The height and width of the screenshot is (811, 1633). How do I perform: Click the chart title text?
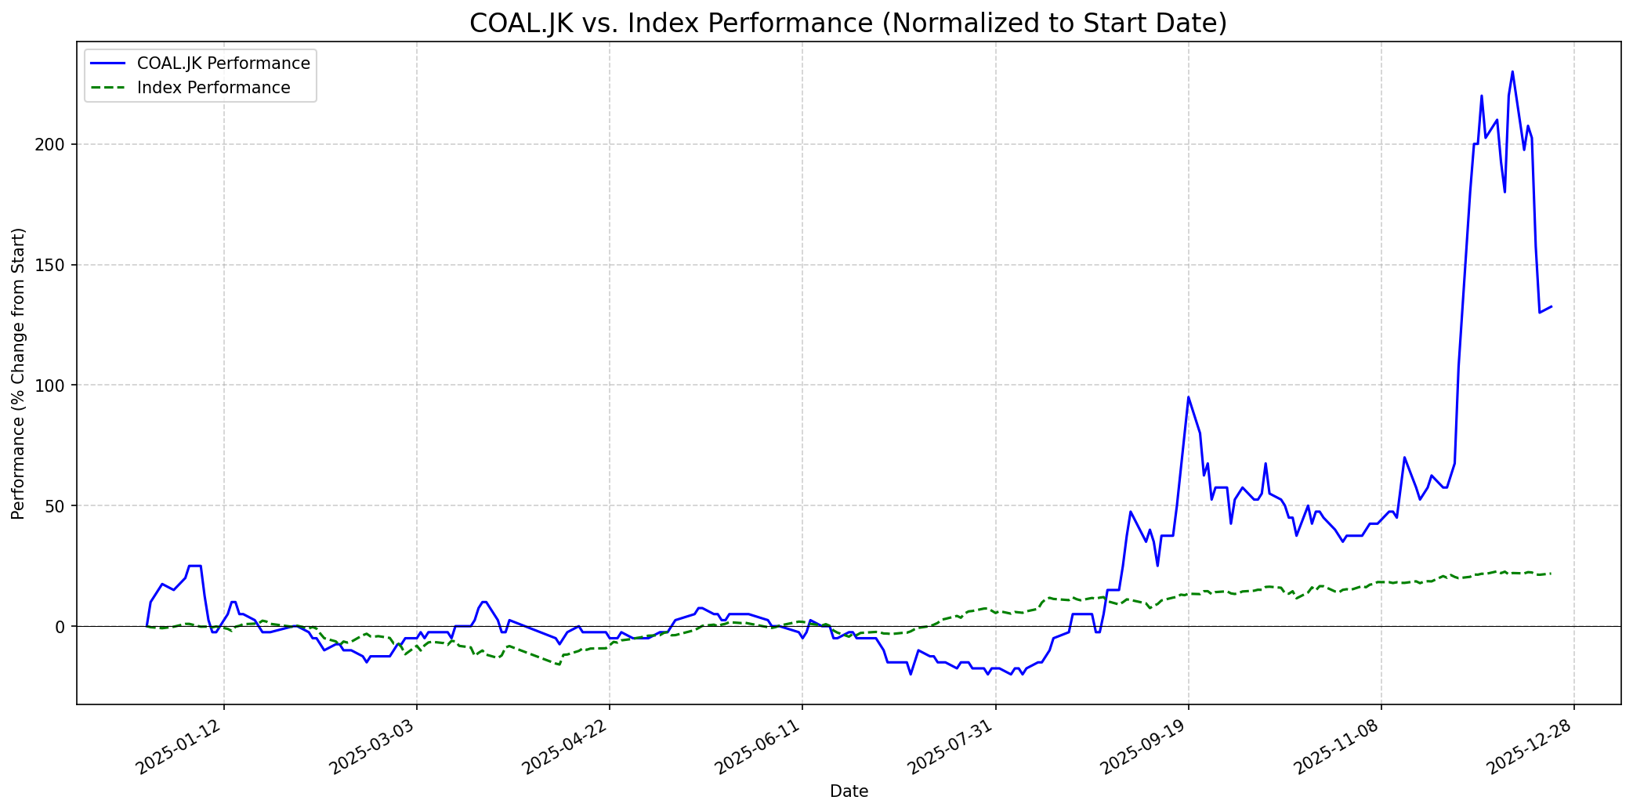(x=848, y=24)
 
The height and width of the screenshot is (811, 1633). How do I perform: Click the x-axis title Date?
(x=849, y=791)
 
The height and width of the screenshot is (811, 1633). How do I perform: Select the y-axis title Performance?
(x=19, y=373)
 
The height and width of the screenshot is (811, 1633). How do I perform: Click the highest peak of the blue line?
(x=1512, y=71)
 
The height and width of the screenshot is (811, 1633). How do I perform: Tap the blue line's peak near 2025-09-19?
(x=1188, y=397)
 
